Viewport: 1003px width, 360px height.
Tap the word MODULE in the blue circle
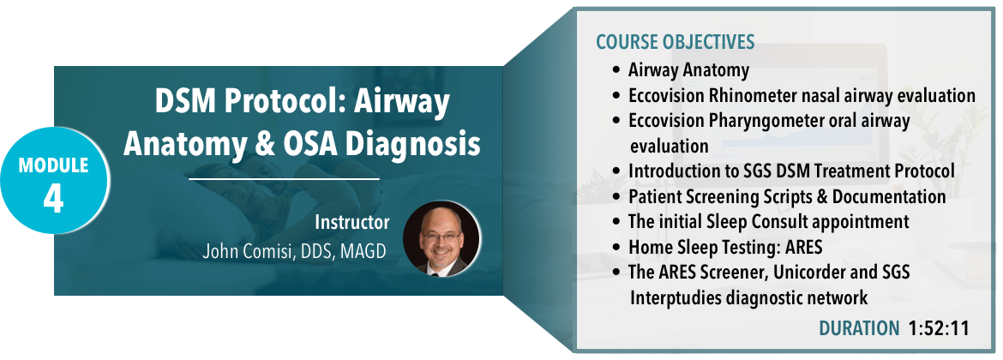tap(54, 165)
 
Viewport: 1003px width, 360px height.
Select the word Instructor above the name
tap(351, 223)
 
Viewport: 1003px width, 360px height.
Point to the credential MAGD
tap(364, 251)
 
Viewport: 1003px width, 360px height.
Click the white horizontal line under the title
tap(284, 179)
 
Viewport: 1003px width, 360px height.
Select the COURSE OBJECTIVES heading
tap(676, 42)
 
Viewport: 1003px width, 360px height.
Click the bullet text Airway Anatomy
tap(689, 69)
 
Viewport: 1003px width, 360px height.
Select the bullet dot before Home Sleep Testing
tap(616, 248)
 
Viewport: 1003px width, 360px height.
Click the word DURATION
tap(859, 328)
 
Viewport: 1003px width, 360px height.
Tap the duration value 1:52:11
tap(939, 328)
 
